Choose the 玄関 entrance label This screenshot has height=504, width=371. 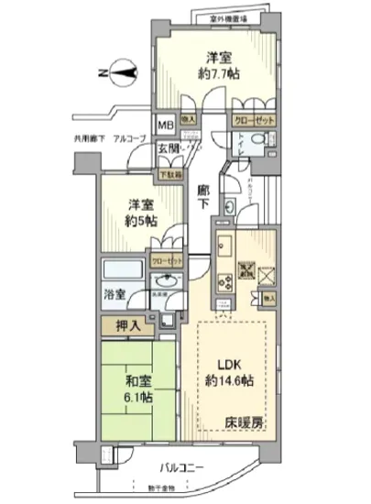167,149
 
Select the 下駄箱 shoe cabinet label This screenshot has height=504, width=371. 170,172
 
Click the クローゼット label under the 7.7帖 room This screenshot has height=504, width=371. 250,119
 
